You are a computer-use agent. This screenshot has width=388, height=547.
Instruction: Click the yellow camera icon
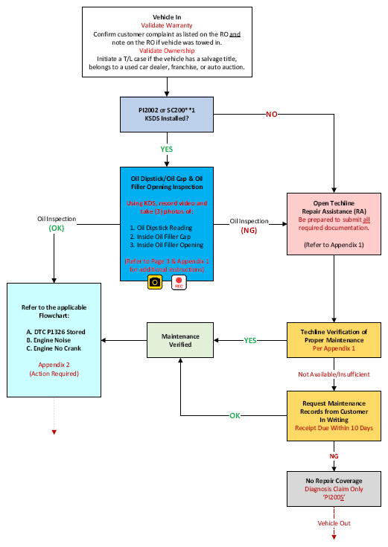coord(155,282)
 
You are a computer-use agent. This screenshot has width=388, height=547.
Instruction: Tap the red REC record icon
coord(179,282)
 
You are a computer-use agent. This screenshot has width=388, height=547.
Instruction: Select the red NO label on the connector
coord(272,115)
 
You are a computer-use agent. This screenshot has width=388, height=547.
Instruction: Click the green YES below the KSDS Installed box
coord(167,150)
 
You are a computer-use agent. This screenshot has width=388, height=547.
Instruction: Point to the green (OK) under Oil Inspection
coord(57,228)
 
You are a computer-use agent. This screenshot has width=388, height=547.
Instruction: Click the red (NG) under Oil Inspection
coord(249,231)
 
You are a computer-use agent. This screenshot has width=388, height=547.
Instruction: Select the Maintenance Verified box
coord(180,340)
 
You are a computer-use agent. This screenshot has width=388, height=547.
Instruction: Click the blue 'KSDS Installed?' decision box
coord(167,115)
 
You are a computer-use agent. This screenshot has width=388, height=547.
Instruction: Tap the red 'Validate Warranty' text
coord(167,25)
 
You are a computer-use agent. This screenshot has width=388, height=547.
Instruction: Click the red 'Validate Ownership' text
coord(167,51)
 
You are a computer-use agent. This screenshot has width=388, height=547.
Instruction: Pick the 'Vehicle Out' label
coord(334,523)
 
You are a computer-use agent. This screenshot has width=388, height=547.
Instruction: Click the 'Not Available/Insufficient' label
coord(334,374)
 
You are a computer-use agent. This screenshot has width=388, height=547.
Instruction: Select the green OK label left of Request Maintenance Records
coord(235,415)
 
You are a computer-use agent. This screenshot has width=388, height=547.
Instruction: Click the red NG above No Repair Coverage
coord(334,456)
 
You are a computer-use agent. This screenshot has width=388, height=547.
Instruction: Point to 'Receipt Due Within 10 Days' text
coord(334,428)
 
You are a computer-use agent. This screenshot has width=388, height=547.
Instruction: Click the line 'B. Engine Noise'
coord(48,340)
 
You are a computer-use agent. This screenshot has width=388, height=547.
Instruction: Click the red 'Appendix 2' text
coord(54,365)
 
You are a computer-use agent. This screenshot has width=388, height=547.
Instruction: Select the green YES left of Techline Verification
coord(250,341)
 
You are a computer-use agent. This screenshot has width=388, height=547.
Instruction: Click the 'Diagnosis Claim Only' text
coord(334,489)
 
